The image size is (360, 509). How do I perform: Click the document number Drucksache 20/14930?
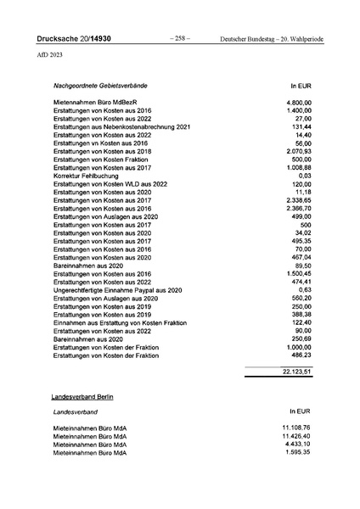pos(74,39)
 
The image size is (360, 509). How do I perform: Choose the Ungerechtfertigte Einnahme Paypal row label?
pos(118,290)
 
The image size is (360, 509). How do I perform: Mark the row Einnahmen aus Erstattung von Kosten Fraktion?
pos(123,323)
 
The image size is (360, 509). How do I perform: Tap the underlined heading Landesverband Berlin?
pos(82,397)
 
